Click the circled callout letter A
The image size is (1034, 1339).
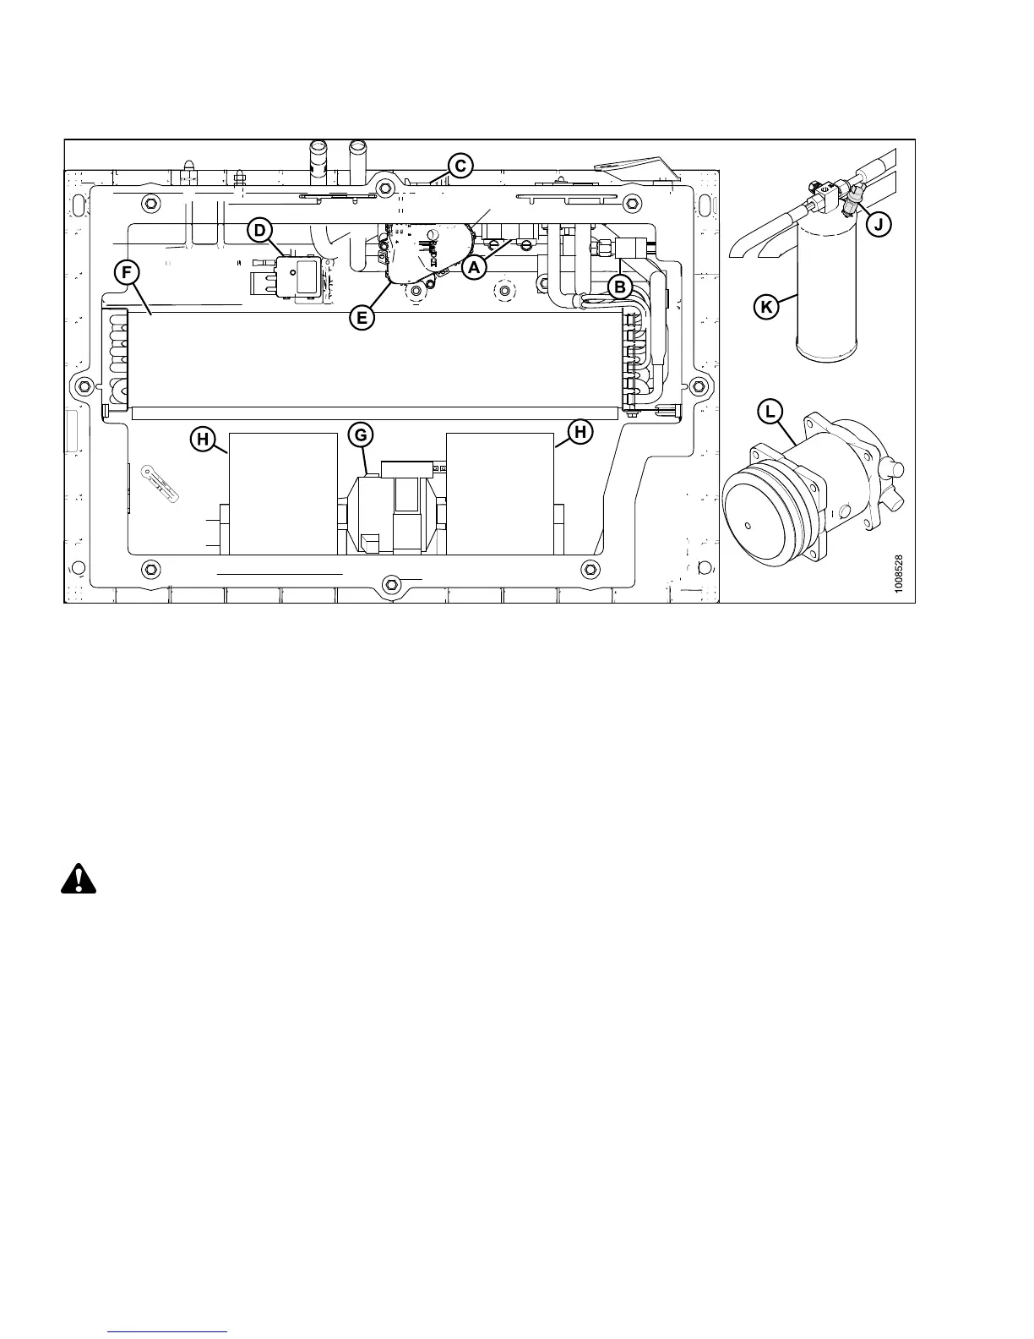pos(474,267)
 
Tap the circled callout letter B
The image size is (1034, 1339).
pos(619,287)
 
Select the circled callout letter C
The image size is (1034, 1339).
pos(460,166)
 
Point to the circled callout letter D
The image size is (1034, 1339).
pos(261,229)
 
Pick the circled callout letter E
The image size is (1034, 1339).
pos(362,317)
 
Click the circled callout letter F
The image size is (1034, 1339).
pos(128,272)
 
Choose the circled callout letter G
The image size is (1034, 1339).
pos(361,435)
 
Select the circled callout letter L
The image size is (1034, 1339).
pos(770,413)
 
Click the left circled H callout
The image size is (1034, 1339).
pos(203,437)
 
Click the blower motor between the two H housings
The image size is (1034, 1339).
pos(390,513)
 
